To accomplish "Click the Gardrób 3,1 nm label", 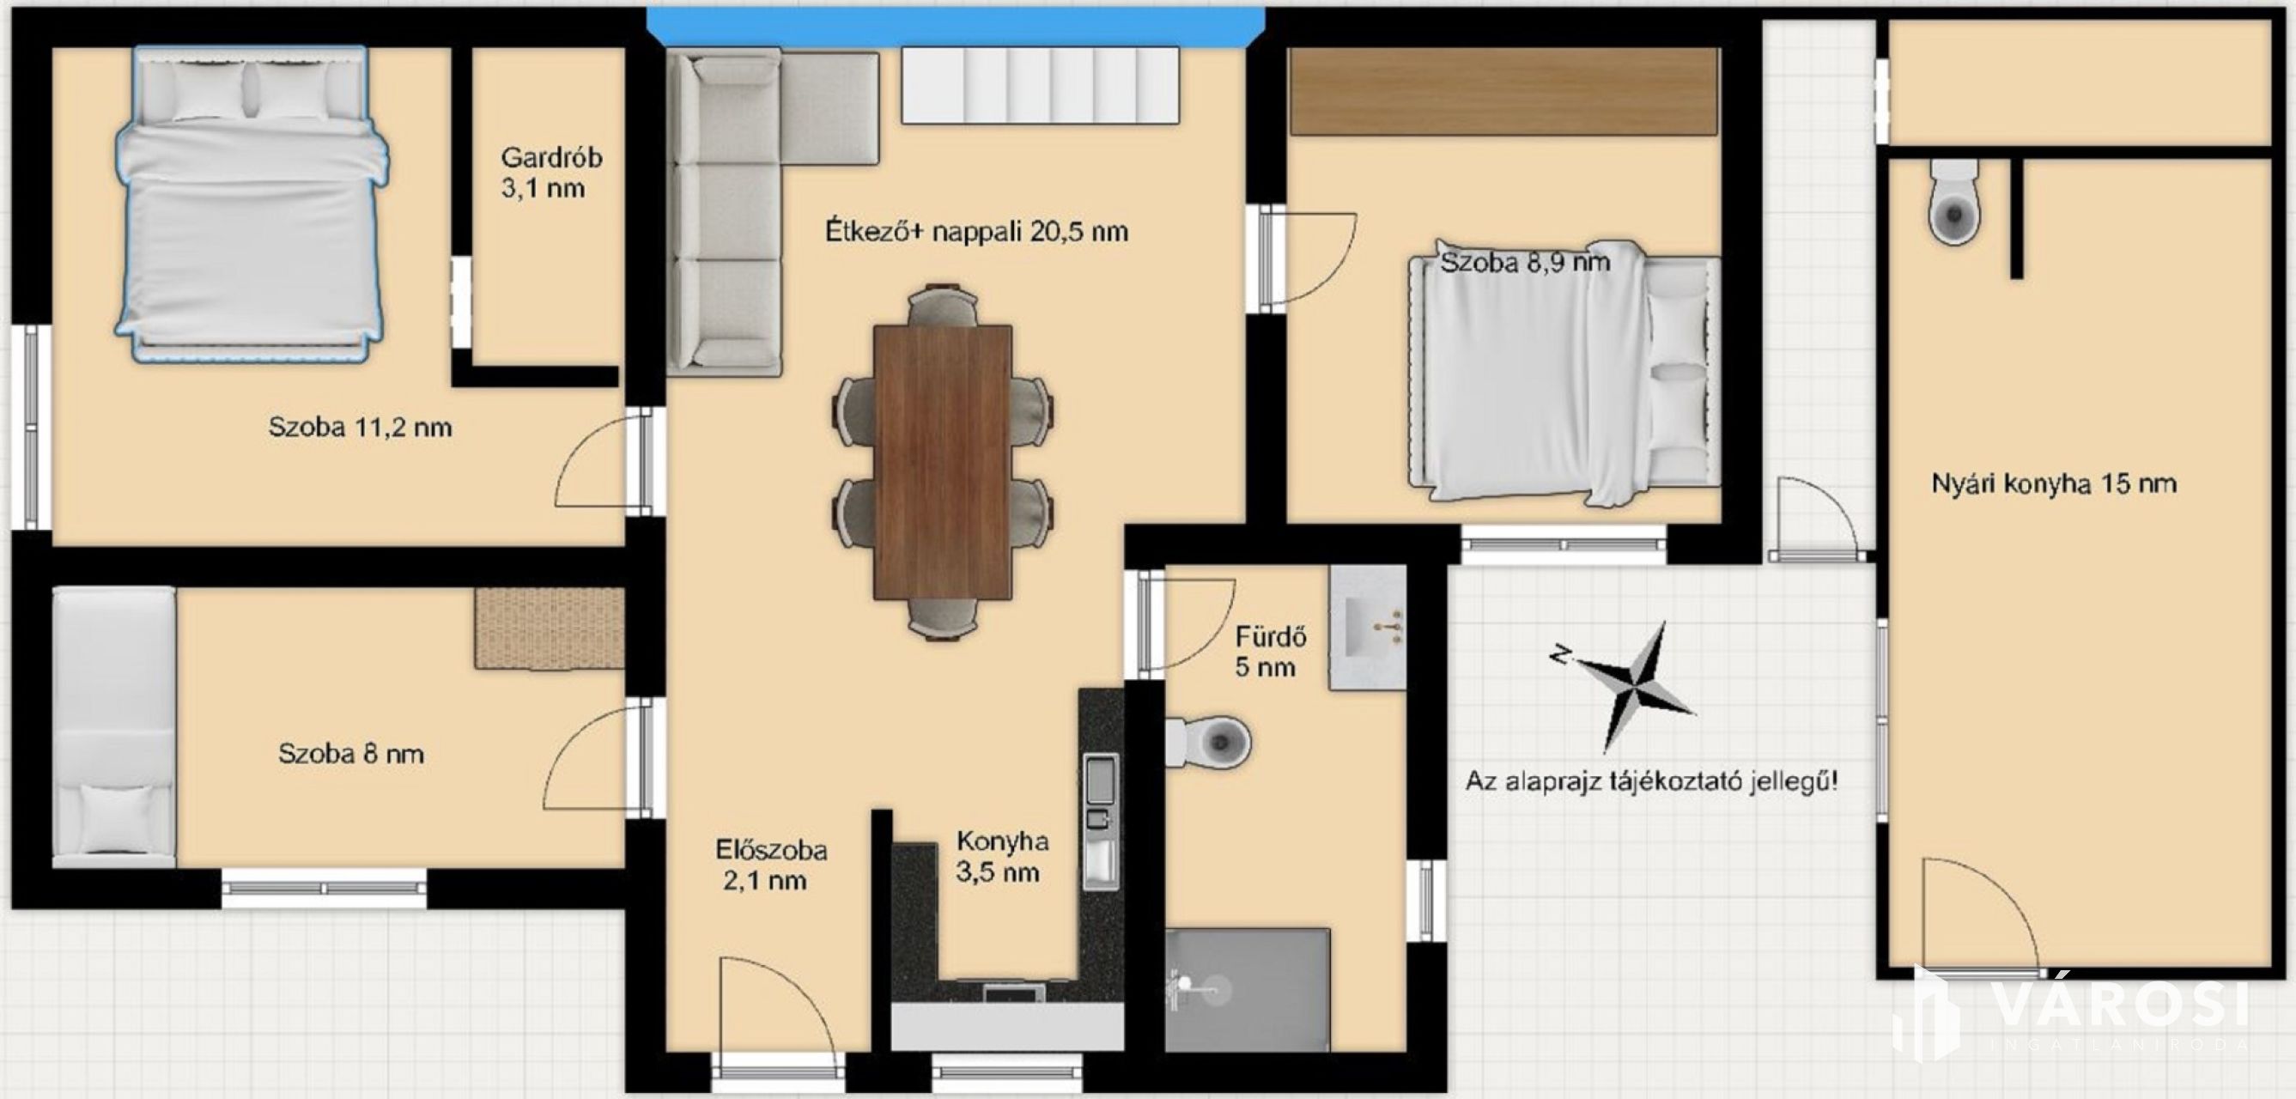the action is pyautogui.click(x=550, y=172).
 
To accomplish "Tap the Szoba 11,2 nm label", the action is pyautogui.click(x=360, y=427).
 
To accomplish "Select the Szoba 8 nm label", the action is pyautogui.click(x=351, y=753).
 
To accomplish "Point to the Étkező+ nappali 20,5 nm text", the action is pyautogui.click(x=976, y=231).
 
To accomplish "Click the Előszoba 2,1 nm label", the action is pyautogui.click(x=771, y=865).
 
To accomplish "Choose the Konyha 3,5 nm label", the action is pyautogui.click(x=1001, y=856).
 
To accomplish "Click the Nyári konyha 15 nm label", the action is pyautogui.click(x=2054, y=484).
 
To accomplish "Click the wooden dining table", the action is pyautogui.click(x=943, y=462).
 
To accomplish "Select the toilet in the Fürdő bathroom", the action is pyautogui.click(x=1208, y=741).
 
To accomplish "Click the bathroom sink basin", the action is pyautogui.click(x=1367, y=627).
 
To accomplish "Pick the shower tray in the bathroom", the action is pyautogui.click(x=1248, y=989).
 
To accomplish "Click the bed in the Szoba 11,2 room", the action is pyautogui.click(x=252, y=204).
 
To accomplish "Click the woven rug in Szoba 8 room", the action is pyautogui.click(x=549, y=628).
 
